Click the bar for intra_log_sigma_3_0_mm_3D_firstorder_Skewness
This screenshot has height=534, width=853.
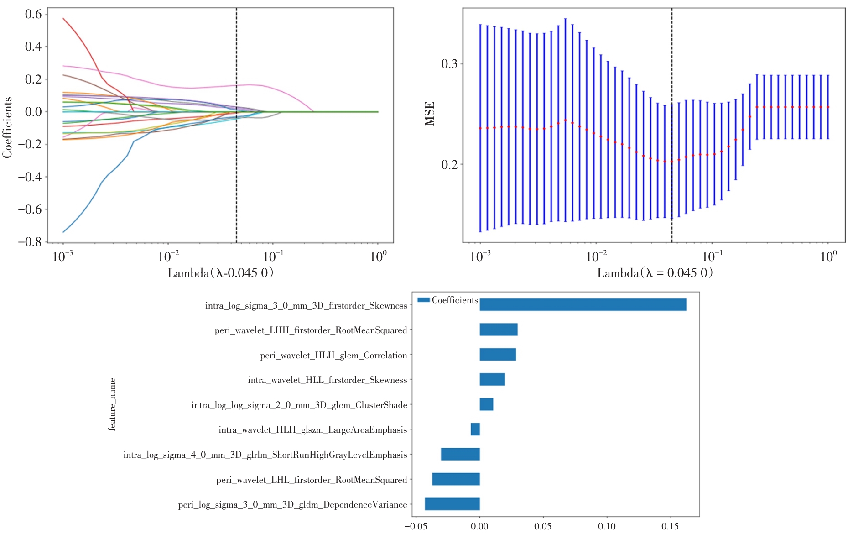click(583, 304)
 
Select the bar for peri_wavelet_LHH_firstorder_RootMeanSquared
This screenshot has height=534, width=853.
click(498, 330)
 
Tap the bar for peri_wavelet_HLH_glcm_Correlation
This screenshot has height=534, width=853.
click(497, 355)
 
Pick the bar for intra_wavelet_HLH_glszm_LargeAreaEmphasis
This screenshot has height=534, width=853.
click(475, 429)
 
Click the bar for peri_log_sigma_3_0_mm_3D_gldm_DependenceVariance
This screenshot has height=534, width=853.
click(452, 504)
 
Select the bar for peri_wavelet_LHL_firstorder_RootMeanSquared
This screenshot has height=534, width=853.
click(456, 479)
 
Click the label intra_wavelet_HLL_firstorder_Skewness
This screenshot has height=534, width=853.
click(327, 380)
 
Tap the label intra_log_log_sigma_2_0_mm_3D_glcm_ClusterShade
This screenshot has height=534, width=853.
click(299, 405)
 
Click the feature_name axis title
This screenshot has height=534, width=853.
click(112, 404)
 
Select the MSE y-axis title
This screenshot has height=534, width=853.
click(430, 113)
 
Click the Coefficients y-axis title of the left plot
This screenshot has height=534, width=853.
click(7, 127)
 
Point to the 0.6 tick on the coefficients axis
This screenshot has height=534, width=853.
click(33, 14)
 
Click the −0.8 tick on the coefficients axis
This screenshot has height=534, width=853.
click(30, 241)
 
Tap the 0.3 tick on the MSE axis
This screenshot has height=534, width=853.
click(449, 63)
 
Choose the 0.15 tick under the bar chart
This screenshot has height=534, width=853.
click(670, 526)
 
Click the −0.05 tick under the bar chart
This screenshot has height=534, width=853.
click(416, 526)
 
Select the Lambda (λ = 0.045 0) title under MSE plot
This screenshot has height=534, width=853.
click(655, 273)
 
